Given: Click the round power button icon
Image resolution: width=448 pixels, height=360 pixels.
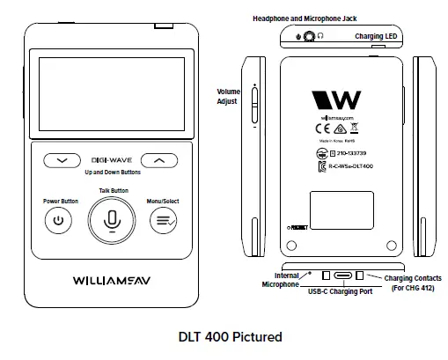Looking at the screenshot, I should pyautogui.click(x=59, y=221).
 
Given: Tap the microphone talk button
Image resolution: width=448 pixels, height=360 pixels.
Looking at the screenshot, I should pyautogui.click(x=111, y=221).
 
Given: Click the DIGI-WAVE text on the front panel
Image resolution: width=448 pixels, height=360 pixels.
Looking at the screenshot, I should pyautogui.click(x=111, y=161).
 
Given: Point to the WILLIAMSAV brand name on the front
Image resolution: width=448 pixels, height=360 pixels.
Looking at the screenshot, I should pyautogui.click(x=111, y=283).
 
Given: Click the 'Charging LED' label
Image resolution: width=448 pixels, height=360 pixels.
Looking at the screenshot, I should pyautogui.click(x=379, y=37).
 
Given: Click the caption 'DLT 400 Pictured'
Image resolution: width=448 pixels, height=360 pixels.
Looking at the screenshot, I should pyautogui.click(x=224, y=335).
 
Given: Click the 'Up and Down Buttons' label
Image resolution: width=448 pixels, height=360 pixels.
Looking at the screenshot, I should pyautogui.click(x=111, y=173).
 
